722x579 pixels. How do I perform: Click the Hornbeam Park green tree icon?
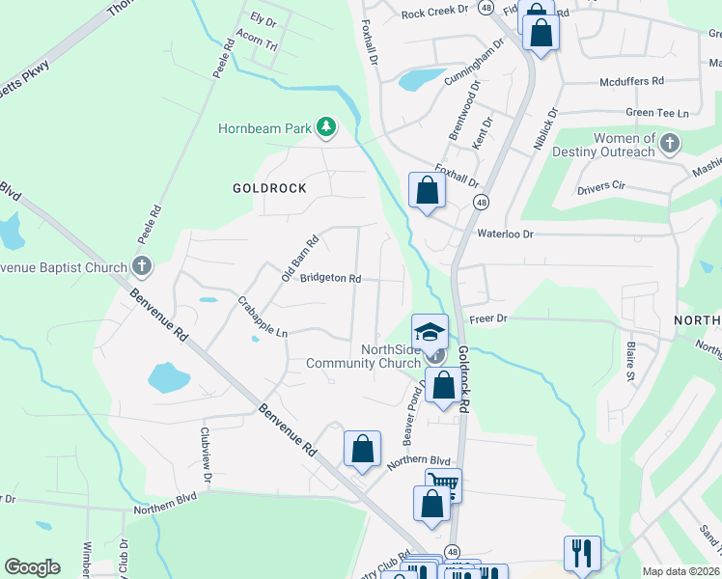(x=327, y=127)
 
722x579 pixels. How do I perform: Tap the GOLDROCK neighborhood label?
(x=269, y=188)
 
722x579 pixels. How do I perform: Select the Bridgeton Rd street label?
(x=330, y=279)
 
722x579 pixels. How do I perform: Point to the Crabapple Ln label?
(x=263, y=317)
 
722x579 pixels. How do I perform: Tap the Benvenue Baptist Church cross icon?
(x=141, y=267)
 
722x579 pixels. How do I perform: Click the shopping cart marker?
(x=443, y=484)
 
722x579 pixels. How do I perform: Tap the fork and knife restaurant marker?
(x=582, y=552)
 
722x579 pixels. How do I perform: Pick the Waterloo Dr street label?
(x=505, y=233)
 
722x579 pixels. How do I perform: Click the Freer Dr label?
(x=488, y=317)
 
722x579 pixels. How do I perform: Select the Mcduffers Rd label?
(x=631, y=82)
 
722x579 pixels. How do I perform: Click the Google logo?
(x=32, y=567)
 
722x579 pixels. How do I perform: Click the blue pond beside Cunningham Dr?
(x=417, y=79)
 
